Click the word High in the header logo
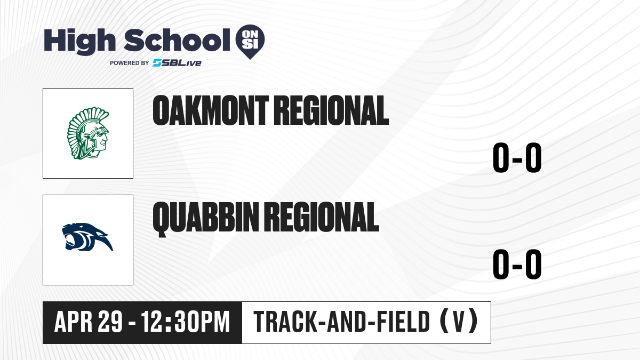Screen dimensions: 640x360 pos(79,42)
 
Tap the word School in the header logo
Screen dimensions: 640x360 pos(177,40)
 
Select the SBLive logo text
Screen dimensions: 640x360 pos(177,63)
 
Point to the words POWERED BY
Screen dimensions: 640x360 pos(130,63)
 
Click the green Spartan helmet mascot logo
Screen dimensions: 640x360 pos(88,133)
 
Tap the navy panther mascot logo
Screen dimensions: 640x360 pos(87,237)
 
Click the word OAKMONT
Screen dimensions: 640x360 pos(211,110)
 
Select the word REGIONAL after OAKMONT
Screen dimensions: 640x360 pos(331,110)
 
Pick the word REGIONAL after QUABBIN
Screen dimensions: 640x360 pos(322,217)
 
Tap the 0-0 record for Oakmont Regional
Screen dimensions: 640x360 pos(517,158)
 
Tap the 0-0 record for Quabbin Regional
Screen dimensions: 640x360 pos(517,264)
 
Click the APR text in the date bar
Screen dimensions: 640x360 pos(74,322)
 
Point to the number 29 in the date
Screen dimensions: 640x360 pos(110,322)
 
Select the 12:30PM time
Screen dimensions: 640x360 pos(186,322)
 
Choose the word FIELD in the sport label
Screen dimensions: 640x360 pos(404,322)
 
